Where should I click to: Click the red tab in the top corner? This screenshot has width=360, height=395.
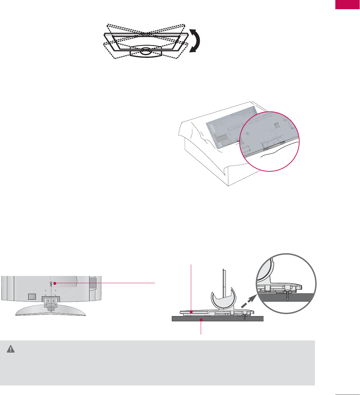[347, 5]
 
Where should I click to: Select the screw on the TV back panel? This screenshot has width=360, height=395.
[51, 284]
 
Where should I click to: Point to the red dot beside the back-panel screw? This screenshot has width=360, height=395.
[55, 283]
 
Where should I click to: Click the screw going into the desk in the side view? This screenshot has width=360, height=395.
[245, 318]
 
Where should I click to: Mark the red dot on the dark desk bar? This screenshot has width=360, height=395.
[201, 319]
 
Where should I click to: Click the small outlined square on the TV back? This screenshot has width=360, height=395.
[31, 296]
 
